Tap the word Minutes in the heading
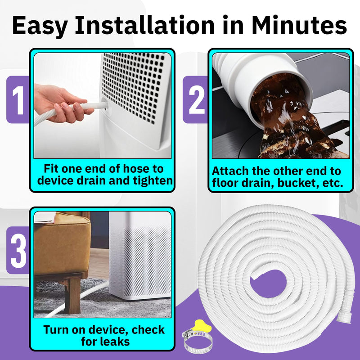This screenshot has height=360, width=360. coord(299,25)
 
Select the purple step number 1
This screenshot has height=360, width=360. coord(18,100)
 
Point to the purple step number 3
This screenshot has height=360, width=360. coord(18,251)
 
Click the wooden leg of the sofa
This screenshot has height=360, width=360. coord(72,296)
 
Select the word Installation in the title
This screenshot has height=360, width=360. coord(144,25)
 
